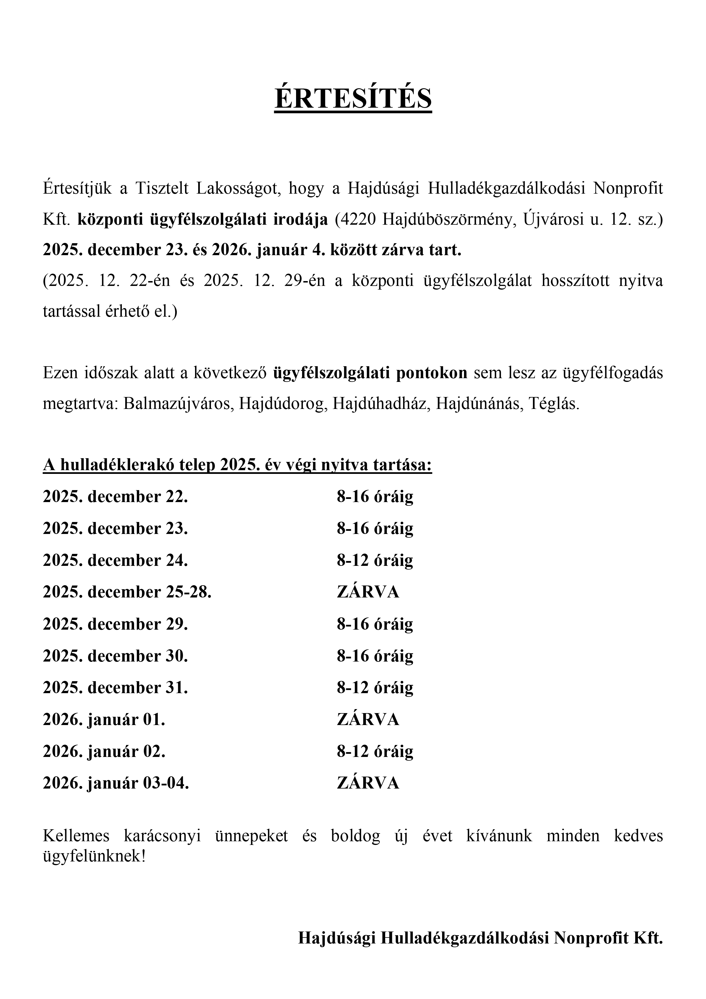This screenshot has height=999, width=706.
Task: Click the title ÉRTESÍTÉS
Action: click(x=353, y=98)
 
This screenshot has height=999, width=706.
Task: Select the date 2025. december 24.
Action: click(x=115, y=560)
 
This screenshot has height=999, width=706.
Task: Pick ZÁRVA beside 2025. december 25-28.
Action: click(x=368, y=592)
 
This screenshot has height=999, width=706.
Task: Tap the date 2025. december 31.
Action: click(x=115, y=688)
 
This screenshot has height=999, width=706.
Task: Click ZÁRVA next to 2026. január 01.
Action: click(x=368, y=720)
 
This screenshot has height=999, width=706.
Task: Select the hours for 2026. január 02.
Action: click(x=375, y=752)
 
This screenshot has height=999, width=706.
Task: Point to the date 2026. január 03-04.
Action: click(x=116, y=783)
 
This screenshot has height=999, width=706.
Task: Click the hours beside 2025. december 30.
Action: click(x=375, y=656)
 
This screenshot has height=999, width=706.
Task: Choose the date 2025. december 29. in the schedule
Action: click(x=115, y=624)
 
